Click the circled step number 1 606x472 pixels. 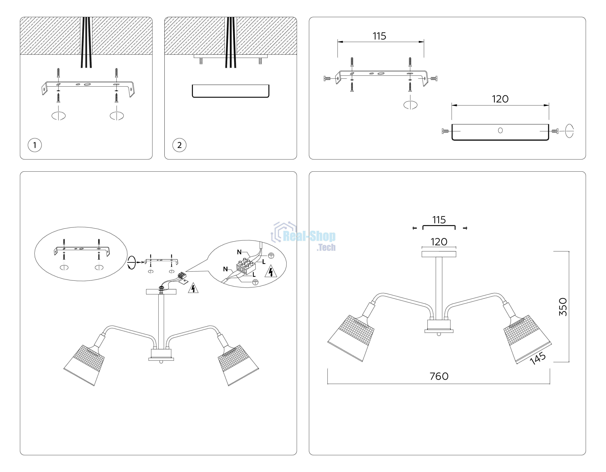pyautogui.click(x=35, y=145)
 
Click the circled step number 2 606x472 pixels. pyautogui.click(x=179, y=145)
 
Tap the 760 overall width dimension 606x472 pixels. pyautogui.click(x=439, y=376)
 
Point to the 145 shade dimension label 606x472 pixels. pyautogui.click(x=538, y=358)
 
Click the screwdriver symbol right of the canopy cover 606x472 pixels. pyautogui.click(x=569, y=131)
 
